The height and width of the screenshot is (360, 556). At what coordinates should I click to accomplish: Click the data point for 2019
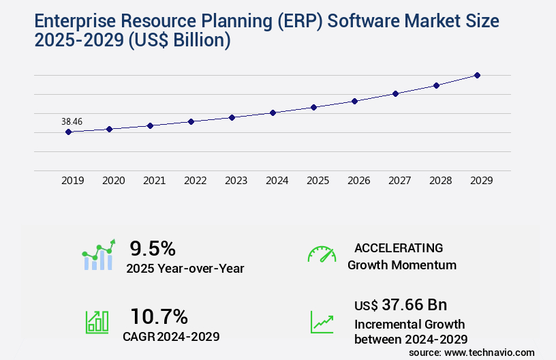pos(68,132)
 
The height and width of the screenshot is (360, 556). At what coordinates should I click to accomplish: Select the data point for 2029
pos(477,75)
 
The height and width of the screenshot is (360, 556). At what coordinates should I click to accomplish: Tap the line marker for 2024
pos(273,112)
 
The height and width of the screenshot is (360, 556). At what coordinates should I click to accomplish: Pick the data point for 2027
pos(395,93)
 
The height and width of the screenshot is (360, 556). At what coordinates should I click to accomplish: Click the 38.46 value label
pos(72,121)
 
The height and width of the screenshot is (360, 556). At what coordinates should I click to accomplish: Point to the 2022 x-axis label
pos(195,181)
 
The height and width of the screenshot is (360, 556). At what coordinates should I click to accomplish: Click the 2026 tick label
pos(358,181)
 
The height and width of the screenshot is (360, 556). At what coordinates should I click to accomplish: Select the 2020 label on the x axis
pos(113,181)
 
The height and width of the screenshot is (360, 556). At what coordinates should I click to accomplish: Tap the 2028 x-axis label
pos(440,181)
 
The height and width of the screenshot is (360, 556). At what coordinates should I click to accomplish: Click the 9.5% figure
pos(153,248)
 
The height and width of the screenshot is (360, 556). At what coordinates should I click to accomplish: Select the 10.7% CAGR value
pos(159,316)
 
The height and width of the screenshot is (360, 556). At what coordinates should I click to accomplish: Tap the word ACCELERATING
pos(399,247)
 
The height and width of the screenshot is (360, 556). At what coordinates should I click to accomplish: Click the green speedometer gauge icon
pos(322,254)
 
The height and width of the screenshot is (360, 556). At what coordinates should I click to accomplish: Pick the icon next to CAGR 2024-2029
pos(97,322)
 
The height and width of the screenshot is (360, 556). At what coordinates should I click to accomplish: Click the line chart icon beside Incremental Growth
pos(322,322)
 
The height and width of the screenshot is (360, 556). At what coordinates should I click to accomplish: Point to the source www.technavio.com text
pos(472,352)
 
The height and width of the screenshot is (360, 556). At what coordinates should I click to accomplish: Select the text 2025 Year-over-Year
pos(185,269)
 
